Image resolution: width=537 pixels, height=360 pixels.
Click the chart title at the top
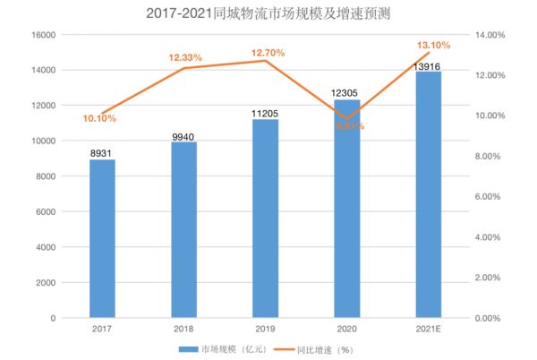click(268, 13)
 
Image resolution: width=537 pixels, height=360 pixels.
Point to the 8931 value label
click(102, 153)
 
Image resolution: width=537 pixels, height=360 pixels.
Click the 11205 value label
click(265, 113)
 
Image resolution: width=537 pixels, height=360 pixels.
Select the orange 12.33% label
click(185, 57)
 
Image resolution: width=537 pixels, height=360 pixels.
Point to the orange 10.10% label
click(99, 118)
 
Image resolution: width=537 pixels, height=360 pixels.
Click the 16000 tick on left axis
click(44, 35)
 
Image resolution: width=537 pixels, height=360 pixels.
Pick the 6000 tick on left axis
click(47, 212)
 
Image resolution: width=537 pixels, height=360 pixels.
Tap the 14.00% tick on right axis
click(489, 35)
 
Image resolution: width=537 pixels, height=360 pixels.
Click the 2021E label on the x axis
click(428, 330)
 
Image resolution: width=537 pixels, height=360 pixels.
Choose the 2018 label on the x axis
click(184, 330)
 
